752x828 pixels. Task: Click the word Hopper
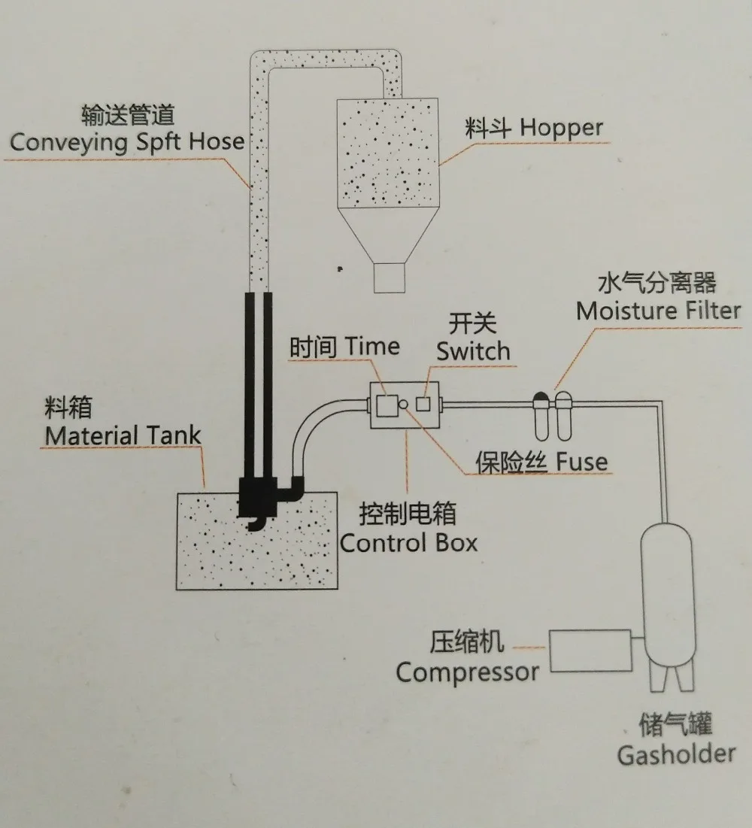561,129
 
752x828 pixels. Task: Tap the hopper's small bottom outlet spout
390,278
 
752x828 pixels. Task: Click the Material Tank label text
123,435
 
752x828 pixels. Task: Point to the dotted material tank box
256,541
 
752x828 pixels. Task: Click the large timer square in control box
387,405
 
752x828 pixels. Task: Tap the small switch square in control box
423,404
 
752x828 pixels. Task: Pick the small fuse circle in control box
403,405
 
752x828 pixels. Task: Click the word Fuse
581,462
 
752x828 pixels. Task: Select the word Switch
473,351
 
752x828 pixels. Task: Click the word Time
372,347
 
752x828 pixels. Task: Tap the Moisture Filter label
659,311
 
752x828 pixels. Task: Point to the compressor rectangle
590,651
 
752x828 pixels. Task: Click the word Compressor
467,673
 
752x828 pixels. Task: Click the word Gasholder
676,754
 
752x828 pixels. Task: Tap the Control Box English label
409,543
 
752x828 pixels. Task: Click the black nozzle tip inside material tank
256,523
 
